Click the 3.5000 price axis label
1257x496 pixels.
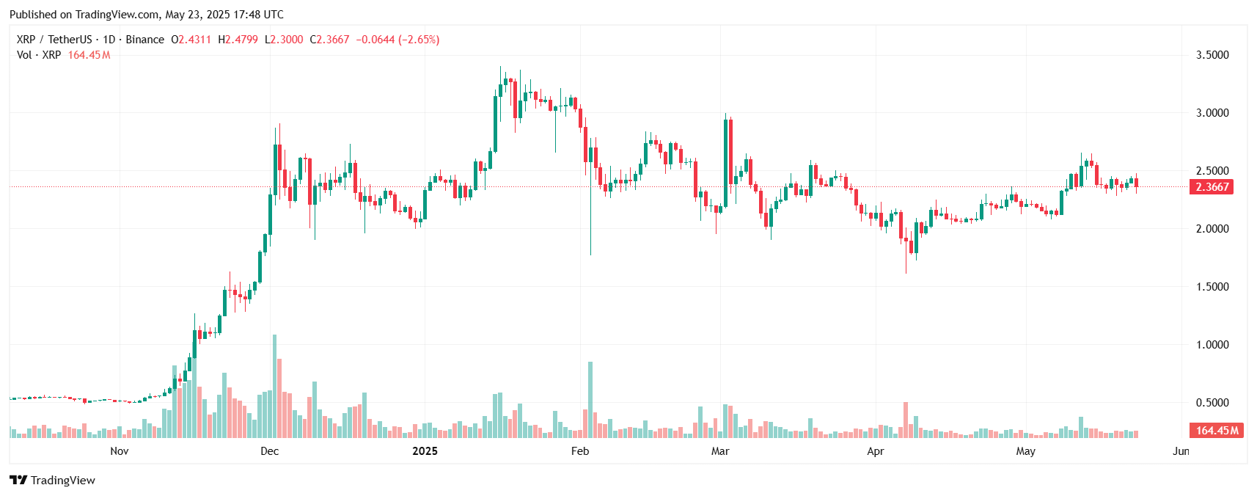click(1212, 55)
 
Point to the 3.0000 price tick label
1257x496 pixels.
click(1212, 113)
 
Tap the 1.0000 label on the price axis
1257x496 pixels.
click(1212, 345)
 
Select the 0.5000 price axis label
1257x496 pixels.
click(1212, 403)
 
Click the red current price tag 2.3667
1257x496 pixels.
click(1212, 187)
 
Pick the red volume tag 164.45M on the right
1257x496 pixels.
click(1217, 431)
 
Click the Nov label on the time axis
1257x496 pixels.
click(120, 451)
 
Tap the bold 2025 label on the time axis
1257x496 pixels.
click(425, 451)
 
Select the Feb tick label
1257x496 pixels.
click(580, 451)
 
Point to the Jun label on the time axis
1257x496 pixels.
click(1181, 451)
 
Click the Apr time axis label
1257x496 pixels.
click(876, 451)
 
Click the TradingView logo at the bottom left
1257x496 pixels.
click(53, 481)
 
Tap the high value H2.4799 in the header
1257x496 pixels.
click(238, 40)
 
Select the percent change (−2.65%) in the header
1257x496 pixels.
click(419, 40)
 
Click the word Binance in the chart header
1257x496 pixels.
click(144, 40)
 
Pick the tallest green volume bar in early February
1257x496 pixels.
click(590, 400)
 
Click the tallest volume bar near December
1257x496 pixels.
click(275, 386)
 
